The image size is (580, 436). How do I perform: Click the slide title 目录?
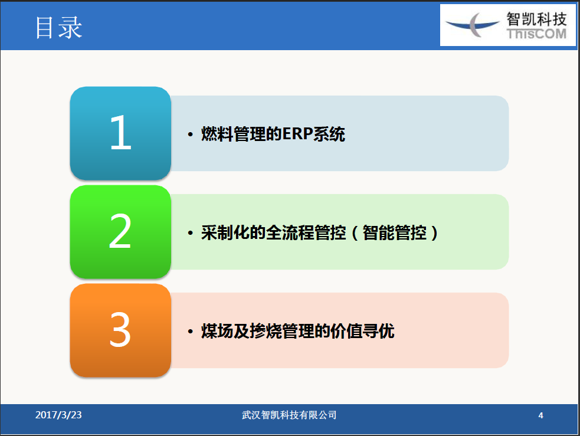pos(58,28)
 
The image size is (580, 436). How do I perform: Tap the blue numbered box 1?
pos(120,133)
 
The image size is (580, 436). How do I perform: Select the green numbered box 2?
pos(120,232)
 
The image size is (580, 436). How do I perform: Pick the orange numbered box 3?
pos(120,330)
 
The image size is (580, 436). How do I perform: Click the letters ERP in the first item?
pos(298,134)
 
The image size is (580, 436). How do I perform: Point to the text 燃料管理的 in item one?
pos(241,134)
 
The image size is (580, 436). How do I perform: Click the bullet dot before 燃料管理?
pos(190,135)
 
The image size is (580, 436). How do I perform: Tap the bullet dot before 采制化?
pos(190,233)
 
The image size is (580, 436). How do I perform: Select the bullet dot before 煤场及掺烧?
pos(190,332)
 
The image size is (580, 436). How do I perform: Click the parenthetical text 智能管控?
pos(395,232)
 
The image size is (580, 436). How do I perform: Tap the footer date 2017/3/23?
pos(58,415)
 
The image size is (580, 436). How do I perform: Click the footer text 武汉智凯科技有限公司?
pos(289,415)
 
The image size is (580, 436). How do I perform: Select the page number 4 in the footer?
pos(541,415)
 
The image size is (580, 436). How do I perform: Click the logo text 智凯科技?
pos(536,19)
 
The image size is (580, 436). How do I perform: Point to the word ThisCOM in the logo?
pos(536,34)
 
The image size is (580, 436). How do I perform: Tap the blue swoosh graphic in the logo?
pos(473,25)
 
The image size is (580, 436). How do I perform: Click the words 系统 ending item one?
pos(329,134)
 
